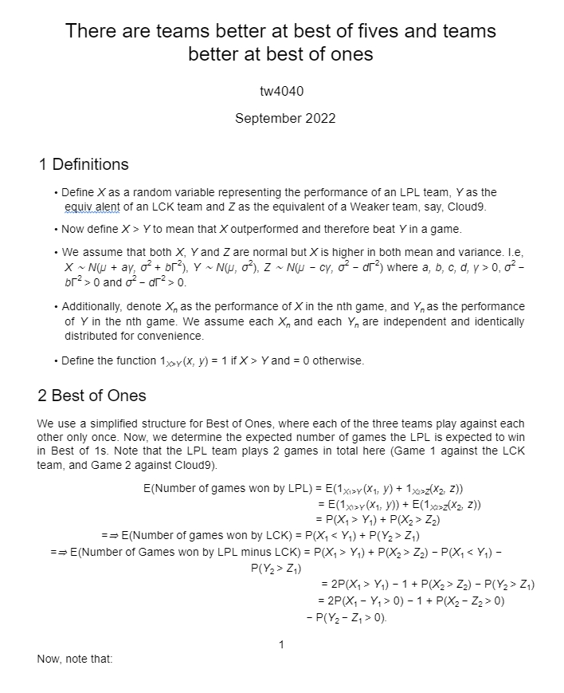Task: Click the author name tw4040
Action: click(281, 92)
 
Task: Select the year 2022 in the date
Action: click(318, 119)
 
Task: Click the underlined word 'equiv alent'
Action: click(96, 207)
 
